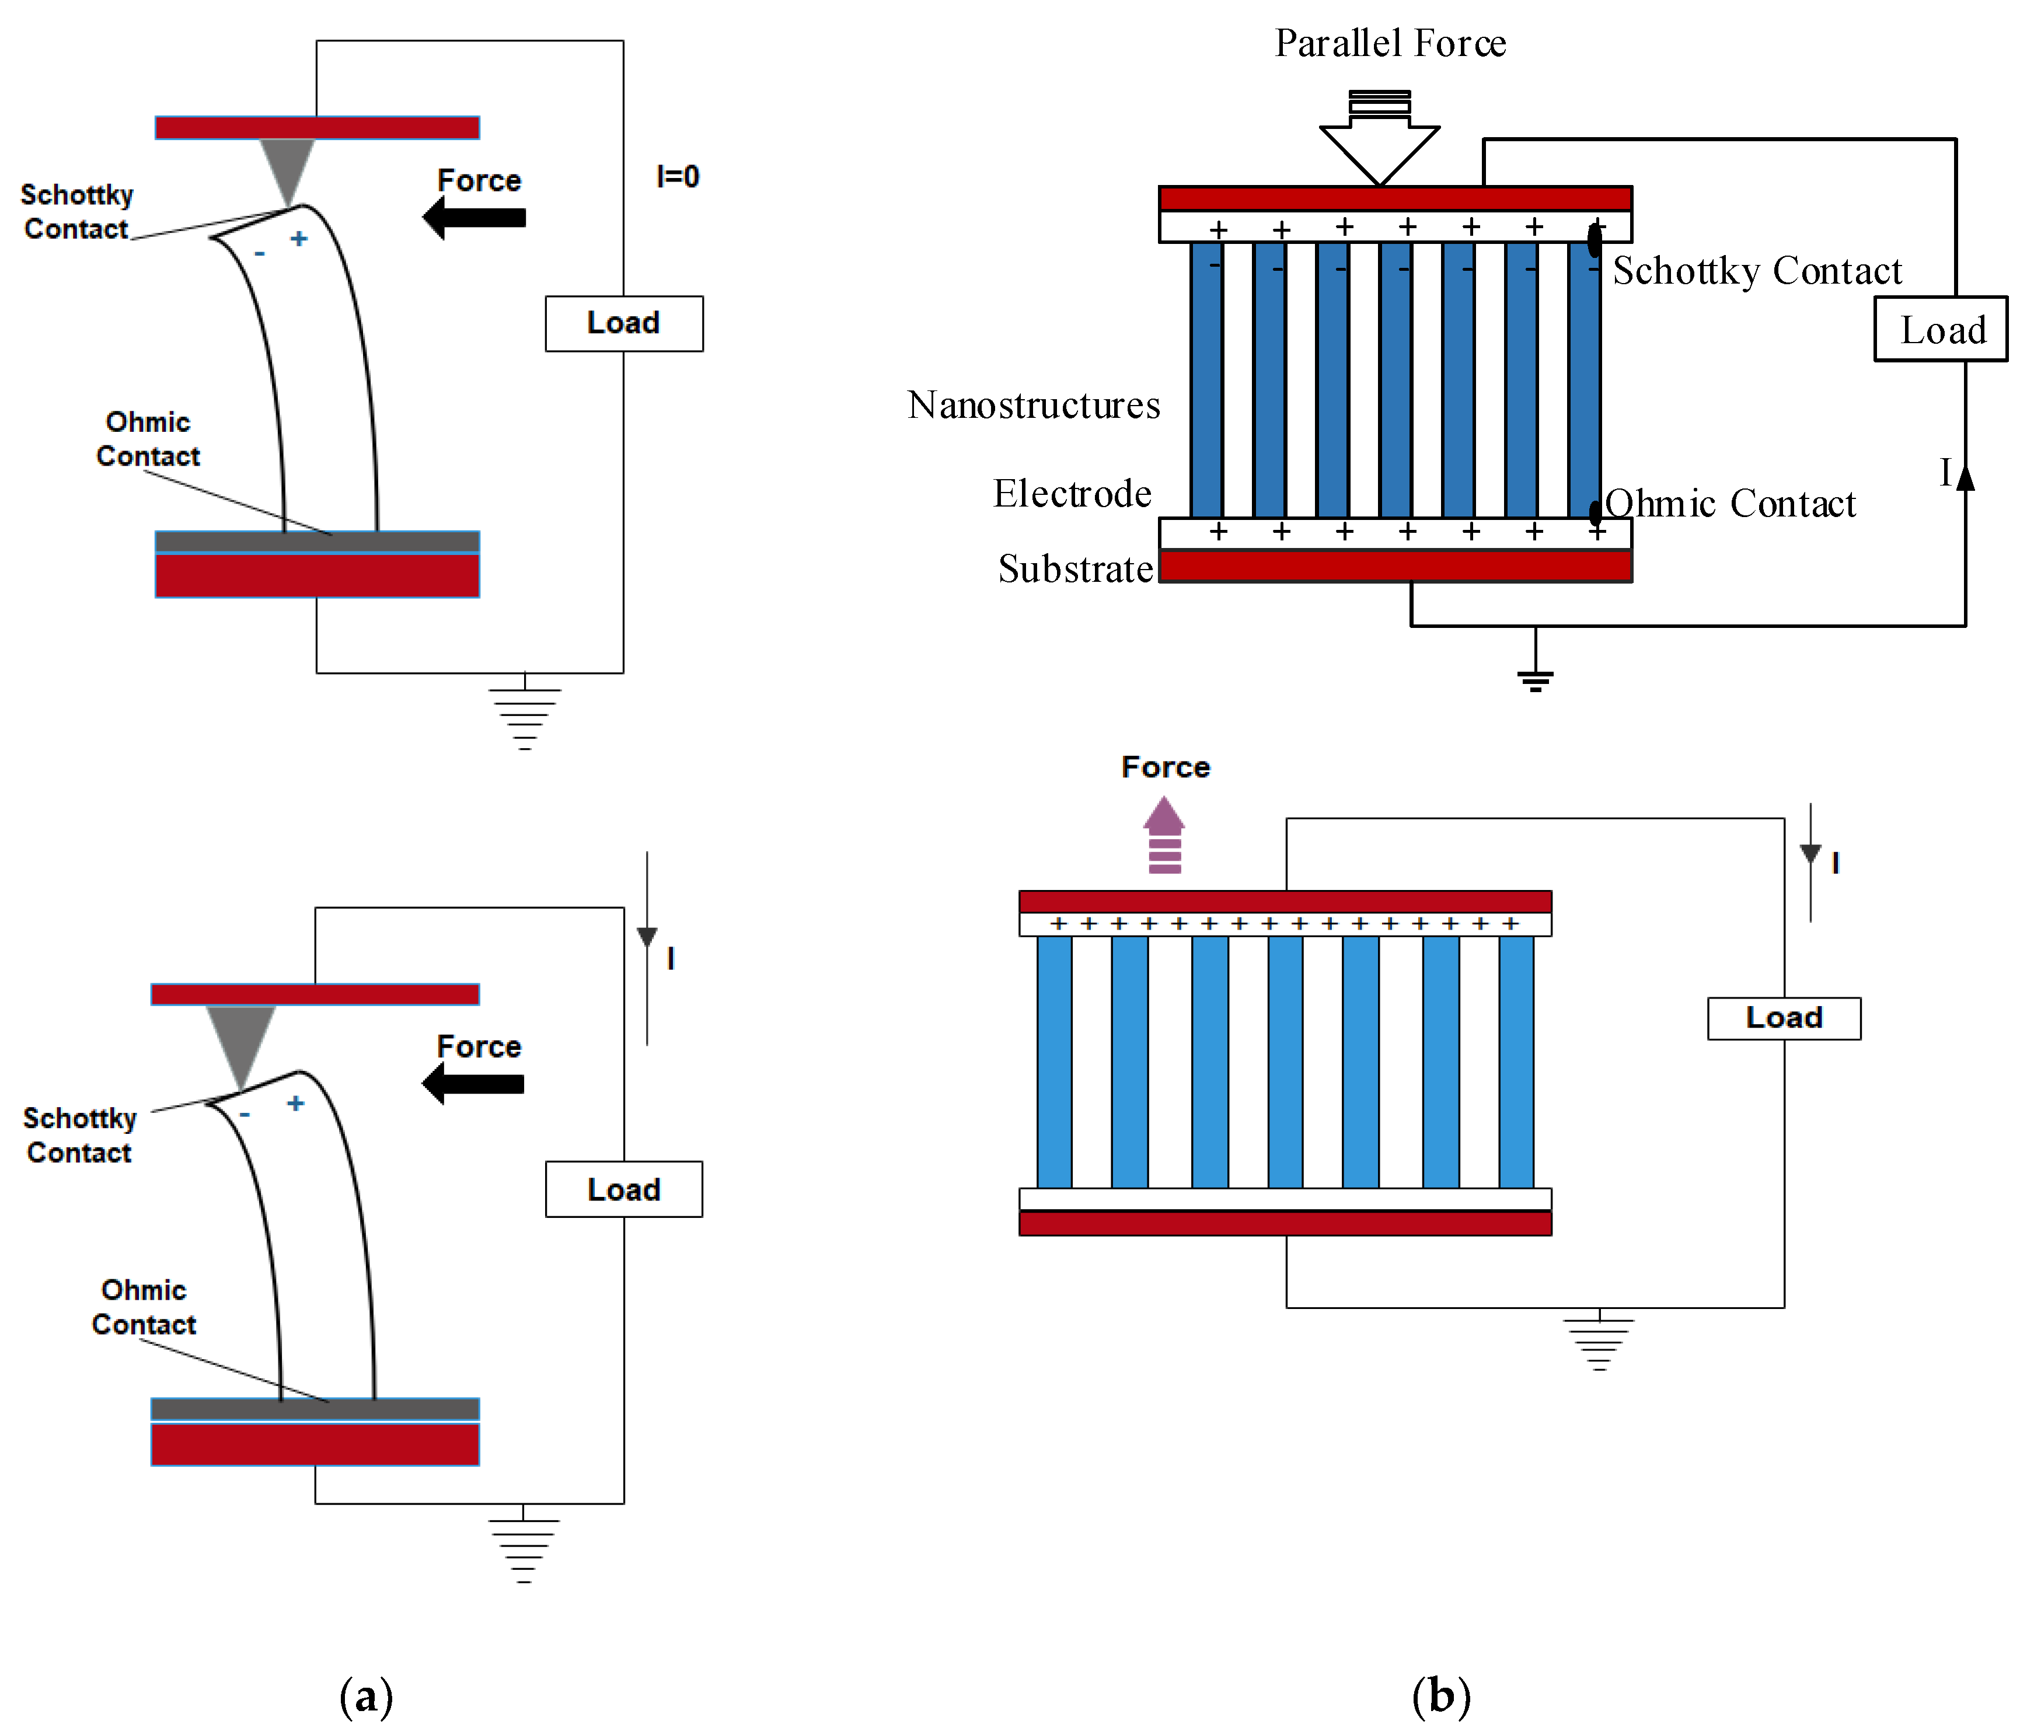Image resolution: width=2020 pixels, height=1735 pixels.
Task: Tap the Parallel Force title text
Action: point(1390,44)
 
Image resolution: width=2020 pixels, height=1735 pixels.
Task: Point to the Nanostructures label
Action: point(1034,404)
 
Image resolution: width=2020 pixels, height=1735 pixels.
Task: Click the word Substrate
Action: point(1075,568)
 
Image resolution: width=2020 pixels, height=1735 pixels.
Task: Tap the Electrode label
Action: point(1072,493)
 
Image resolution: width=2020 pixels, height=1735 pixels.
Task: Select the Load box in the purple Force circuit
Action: point(1783,1018)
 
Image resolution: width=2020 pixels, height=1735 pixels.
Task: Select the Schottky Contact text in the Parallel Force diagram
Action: point(1757,271)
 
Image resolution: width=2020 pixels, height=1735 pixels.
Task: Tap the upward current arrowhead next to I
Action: point(1965,477)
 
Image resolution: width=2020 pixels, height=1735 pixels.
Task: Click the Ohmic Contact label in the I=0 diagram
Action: point(148,439)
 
